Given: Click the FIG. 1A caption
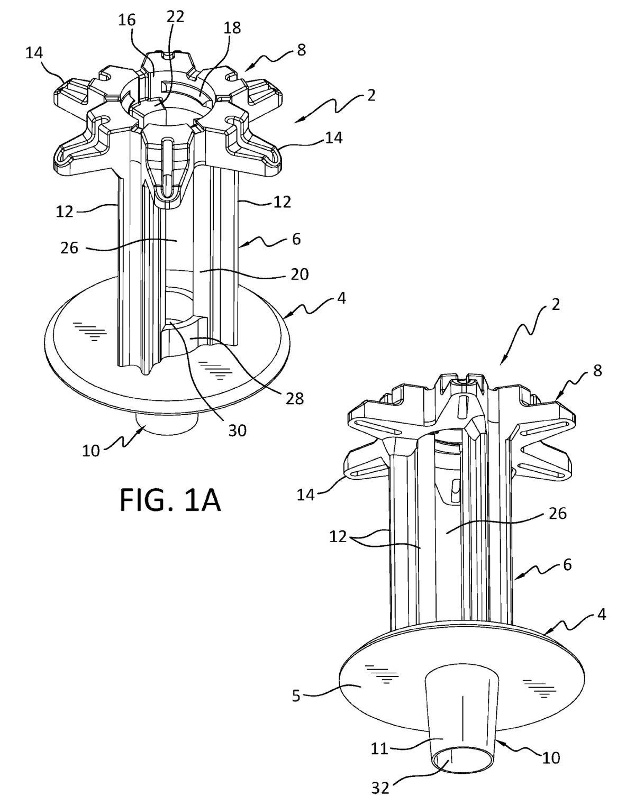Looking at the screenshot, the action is click(x=170, y=500).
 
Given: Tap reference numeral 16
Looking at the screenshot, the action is click(x=127, y=20).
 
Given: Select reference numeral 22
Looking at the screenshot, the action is click(x=175, y=16).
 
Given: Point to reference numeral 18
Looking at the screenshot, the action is click(x=232, y=28).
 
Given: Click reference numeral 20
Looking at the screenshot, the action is click(x=300, y=275).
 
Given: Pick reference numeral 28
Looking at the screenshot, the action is click(x=295, y=398).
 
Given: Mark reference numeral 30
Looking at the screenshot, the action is click(x=237, y=430).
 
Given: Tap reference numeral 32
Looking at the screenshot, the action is click(x=380, y=788).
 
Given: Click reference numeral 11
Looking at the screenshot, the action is click(x=379, y=748).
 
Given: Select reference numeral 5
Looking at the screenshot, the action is click(x=296, y=696).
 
